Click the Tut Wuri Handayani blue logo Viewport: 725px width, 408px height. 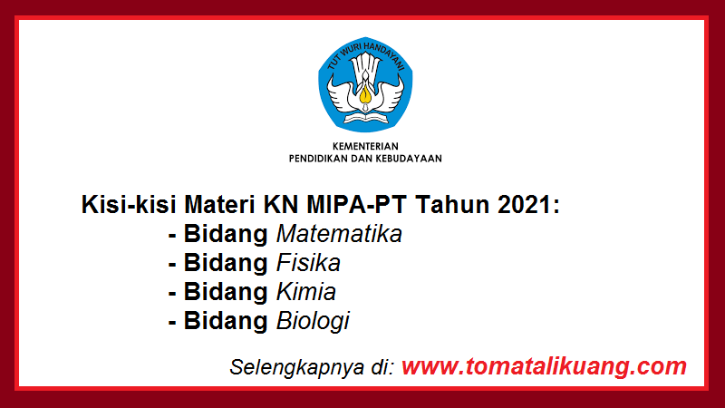click(365, 86)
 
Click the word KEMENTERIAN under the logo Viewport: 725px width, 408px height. click(365, 145)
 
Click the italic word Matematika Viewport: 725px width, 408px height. click(339, 234)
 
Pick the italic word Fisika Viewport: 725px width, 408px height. click(308, 263)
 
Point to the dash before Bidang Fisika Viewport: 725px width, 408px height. click(172, 264)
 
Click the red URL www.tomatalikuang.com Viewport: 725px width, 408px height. click(544, 366)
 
